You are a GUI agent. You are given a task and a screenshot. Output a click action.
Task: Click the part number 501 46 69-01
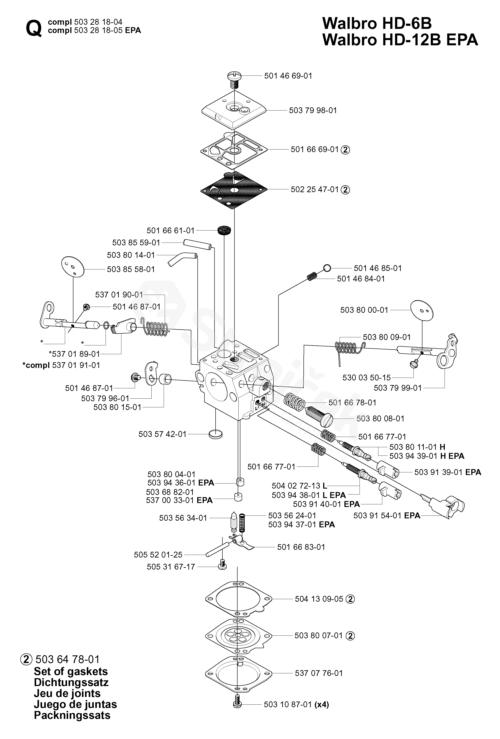pos(288,76)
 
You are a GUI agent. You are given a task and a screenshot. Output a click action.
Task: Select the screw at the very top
pos(235,80)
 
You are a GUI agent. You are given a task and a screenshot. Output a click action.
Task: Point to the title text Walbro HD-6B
pos(377,23)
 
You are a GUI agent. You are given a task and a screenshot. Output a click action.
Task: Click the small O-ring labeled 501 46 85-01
pos(327,268)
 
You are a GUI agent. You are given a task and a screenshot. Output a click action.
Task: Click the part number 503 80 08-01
pos(380,419)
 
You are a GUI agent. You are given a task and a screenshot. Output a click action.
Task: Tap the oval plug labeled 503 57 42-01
pos(216,433)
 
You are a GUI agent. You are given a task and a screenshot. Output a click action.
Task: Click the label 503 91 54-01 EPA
pos(387,516)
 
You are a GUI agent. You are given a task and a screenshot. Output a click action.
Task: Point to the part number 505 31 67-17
pos(171,567)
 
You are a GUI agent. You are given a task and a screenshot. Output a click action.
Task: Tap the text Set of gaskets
pos(71,671)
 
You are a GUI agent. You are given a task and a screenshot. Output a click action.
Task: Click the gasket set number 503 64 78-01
pos(67,659)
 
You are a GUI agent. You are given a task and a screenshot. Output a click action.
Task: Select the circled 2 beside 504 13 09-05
pos(350,599)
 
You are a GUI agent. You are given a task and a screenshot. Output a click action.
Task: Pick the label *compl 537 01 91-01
pos(61,365)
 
